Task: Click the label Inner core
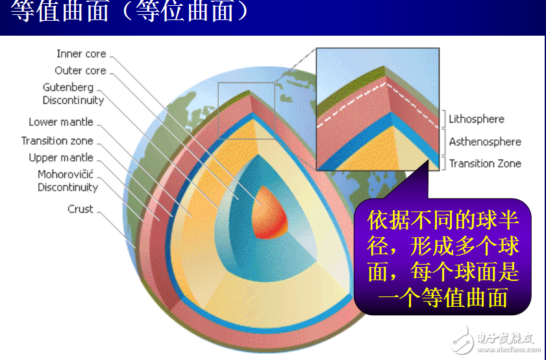pos(81,54)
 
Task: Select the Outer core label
pos(80,71)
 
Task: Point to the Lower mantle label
pos(61,122)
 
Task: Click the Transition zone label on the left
pos(57,141)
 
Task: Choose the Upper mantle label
pos(61,158)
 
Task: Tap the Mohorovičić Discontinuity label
pos(68,181)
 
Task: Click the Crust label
pos(81,209)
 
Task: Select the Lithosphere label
pos(477,119)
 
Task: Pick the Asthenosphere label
pos(485,141)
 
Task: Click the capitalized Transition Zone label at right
pos(485,163)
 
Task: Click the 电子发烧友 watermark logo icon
pos(464,338)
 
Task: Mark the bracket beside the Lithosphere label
pos(444,118)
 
